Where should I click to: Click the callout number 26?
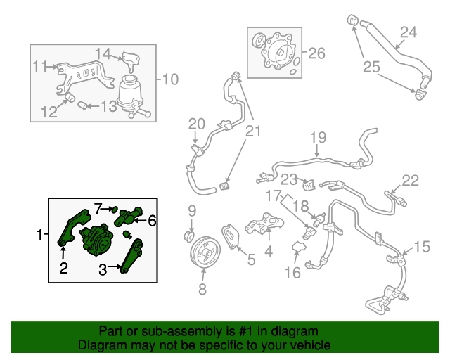(316, 53)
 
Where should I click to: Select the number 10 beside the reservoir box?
(170, 79)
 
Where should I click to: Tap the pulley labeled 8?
(205, 253)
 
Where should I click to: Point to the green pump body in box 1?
(96, 240)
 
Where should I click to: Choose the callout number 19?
(319, 137)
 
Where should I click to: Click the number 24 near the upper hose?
(409, 32)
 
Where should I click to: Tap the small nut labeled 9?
(189, 236)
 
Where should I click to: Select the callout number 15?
(422, 247)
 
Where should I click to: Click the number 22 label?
(411, 180)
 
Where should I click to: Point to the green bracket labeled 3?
(131, 256)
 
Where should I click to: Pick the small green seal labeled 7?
(115, 209)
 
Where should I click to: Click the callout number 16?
(292, 272)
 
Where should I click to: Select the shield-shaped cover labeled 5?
(231, 237)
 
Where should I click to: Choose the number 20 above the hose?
(197, 124)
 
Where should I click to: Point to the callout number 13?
(109, 106)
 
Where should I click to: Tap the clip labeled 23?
(309, 185)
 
